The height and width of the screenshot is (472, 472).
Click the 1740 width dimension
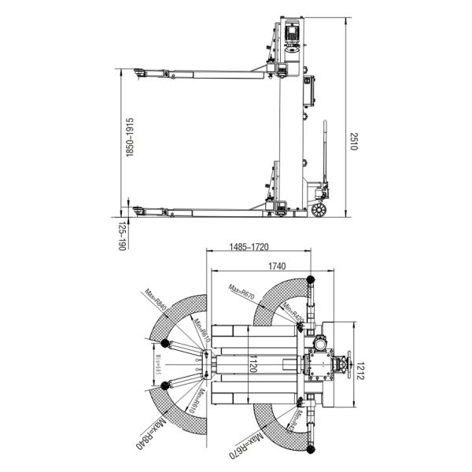coord(276,267)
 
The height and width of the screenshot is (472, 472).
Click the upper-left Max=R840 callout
coord(156,301)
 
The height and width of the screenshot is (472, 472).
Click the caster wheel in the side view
coord(319,210)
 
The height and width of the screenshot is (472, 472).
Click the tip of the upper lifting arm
coord(138,73)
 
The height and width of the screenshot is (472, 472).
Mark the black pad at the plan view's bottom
coord(310,451)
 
